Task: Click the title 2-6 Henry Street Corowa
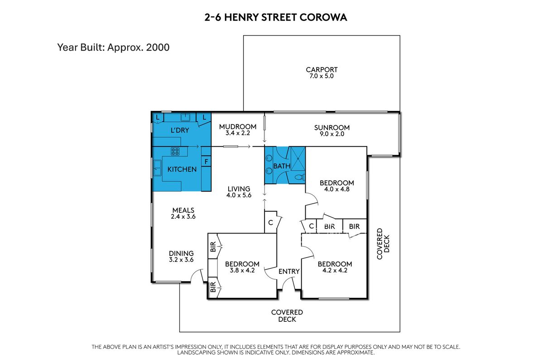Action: (276, 18)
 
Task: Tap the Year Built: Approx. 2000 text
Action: (113, 47)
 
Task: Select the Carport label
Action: (322, 70)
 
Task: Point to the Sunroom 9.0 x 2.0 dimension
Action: (332, 134)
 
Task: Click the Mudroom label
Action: (238, 127)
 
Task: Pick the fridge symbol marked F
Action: (206, 162)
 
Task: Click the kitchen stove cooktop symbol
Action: (175, 152)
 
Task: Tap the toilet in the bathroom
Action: (300, 177)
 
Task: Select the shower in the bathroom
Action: (298, 158)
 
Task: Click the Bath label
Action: (282, 166)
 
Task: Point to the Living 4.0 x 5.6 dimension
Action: (239, 195)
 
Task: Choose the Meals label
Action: (183, 210)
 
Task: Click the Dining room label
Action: (182, 253)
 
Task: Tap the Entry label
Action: (289, 271)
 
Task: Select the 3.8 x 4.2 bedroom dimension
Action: (242, 271)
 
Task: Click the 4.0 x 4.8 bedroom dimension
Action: (337, 190)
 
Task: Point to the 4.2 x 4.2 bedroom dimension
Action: (335, 271)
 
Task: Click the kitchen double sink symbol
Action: (157, 168)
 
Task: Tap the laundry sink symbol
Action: (185, 117)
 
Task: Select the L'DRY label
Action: (180, 130)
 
